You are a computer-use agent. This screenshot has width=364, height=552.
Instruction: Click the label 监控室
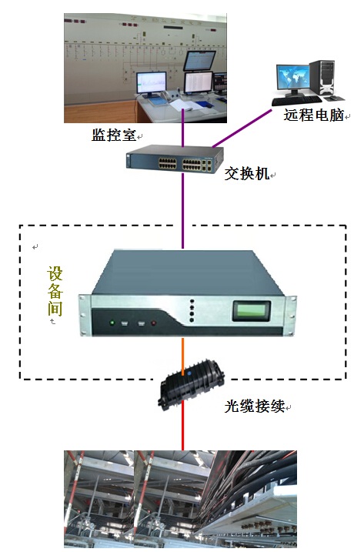113,135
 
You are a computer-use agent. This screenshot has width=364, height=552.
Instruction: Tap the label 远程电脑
314,115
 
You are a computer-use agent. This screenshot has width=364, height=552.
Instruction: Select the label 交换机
247,173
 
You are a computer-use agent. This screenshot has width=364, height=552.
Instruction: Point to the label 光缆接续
254,406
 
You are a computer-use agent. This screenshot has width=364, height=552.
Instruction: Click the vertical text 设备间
55,291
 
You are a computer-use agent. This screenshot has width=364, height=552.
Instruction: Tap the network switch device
175,159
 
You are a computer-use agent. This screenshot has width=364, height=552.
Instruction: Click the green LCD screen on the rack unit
251,310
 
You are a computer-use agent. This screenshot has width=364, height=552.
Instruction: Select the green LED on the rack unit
112,322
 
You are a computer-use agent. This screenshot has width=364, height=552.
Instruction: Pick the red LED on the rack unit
153,323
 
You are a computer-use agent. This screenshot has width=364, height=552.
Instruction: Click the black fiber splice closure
191,388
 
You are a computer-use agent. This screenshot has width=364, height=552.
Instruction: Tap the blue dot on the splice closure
189,373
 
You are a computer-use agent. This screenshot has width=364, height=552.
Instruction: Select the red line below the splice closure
182,425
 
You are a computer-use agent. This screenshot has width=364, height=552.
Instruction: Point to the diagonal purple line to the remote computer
242,128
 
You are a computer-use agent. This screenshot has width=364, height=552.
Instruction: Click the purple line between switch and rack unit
182,210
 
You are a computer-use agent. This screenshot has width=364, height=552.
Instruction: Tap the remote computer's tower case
322,78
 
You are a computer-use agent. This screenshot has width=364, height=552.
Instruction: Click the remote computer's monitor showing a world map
292,78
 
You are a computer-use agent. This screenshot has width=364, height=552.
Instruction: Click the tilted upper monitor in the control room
199,61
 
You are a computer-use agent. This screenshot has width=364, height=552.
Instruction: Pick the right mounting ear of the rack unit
291,316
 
